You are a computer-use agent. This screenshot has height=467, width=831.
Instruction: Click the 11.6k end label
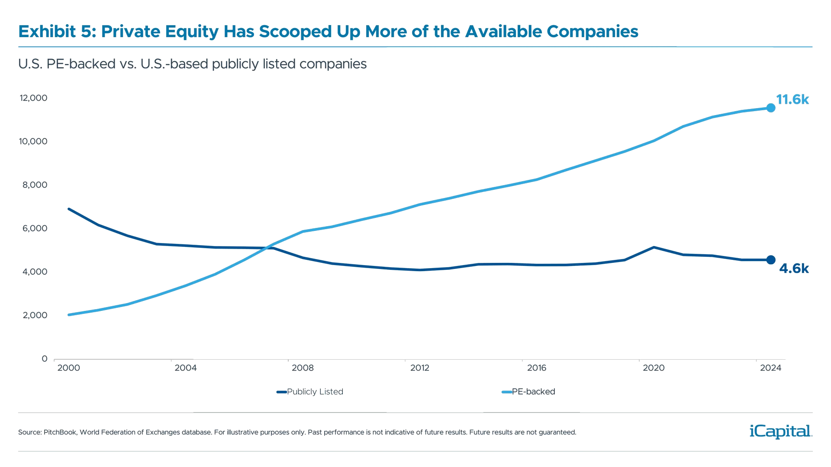point(792,100)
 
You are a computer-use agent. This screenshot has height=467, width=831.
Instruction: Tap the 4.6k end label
point(793,269)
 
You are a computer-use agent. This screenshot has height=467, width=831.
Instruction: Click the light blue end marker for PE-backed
point(770,108)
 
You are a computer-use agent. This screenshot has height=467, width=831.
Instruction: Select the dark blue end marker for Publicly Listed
point(770,259)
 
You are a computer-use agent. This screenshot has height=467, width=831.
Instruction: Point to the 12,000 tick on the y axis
point(33,98)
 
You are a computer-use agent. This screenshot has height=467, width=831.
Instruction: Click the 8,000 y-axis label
point(34,185)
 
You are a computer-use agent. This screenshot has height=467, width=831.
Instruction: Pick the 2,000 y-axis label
point(34,315)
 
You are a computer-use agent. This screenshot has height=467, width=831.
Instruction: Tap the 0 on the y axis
point(45,358)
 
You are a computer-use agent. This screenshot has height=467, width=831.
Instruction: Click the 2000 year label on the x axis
point(68,368)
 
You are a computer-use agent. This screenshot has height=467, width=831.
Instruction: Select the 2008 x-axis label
point(303,368)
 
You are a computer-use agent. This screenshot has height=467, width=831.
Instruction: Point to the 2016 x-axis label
point(537,368)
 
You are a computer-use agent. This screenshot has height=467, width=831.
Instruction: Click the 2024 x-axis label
point(771,368)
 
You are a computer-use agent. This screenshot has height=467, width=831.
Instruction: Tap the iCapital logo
point(779,431)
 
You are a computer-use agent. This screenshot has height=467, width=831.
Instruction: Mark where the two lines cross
point(269,248)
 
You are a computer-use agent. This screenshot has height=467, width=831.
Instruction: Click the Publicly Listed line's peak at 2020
point(654,247)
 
